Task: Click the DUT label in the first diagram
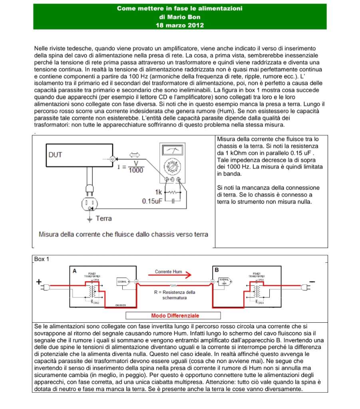pos(55,155)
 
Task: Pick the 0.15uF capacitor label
pos(152,201)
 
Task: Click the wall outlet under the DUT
pos(90,204)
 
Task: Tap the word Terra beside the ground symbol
pos(103,218)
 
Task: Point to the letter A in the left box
pos(74,271)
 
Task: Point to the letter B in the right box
pos(217,270)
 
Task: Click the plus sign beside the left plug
pos(39,282)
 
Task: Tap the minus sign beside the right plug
pos(312,282)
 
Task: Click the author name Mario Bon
pos(179,17)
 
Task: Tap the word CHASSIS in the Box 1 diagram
pos(121,305)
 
